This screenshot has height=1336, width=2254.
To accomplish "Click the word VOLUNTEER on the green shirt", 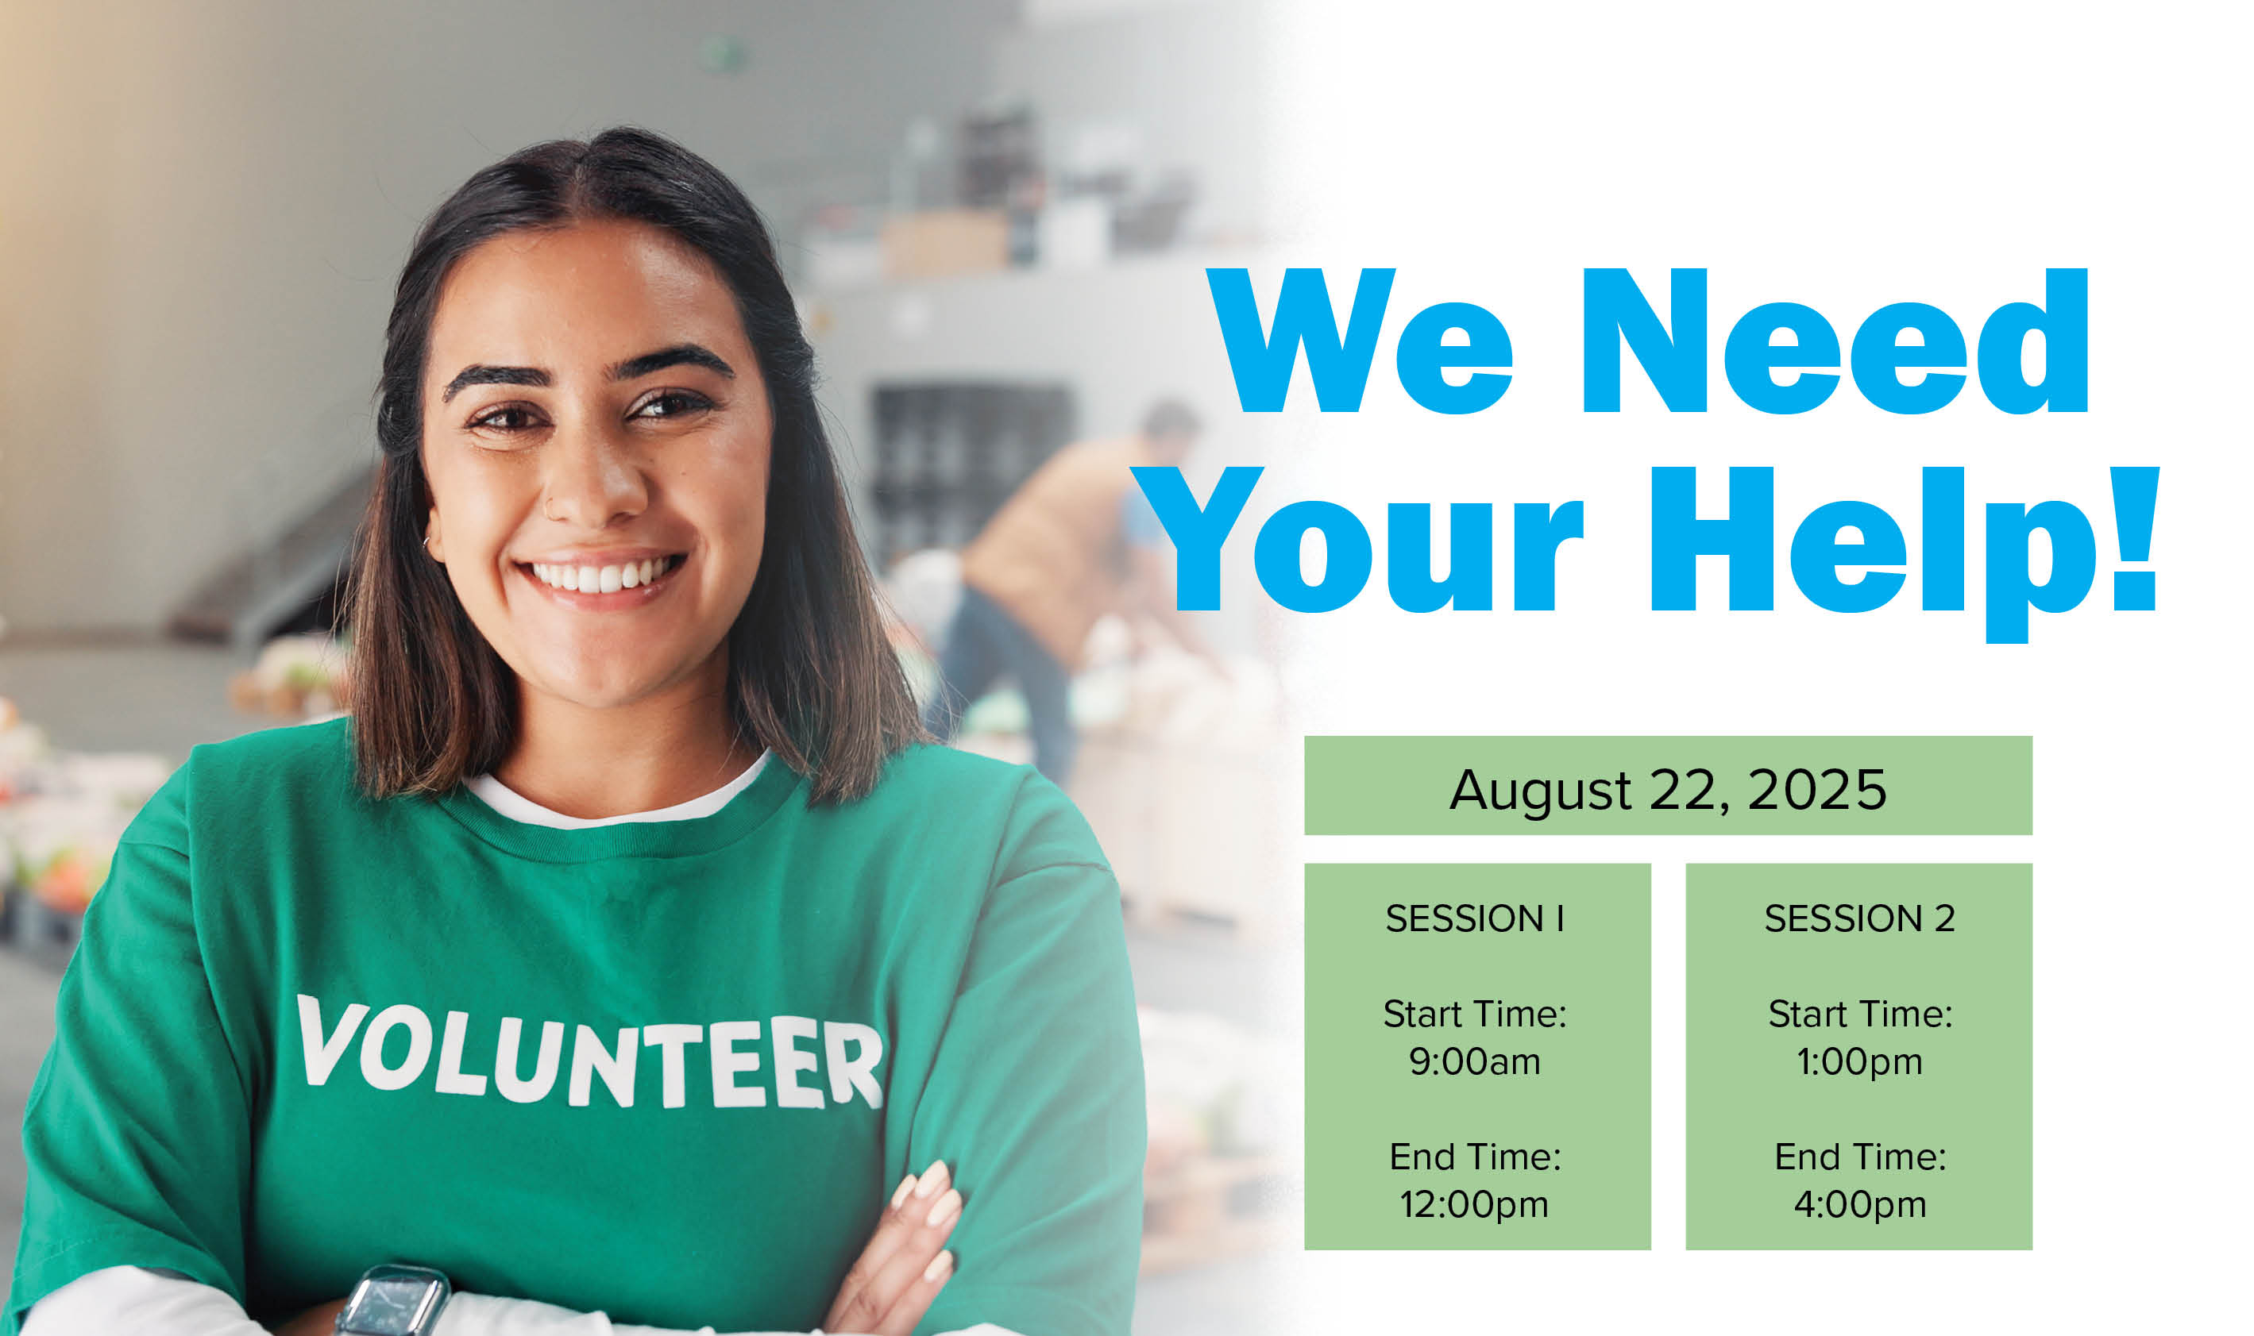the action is (x=590, y=1052).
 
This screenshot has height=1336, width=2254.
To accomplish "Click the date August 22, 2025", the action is (x=1668, y=791).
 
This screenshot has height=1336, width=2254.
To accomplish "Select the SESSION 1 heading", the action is (x=1475, y=918).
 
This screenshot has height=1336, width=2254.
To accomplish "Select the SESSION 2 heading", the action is (x=1859, y=918).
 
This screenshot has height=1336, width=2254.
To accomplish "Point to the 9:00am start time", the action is (x=1475, y=1061).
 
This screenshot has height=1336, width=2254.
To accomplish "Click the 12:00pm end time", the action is (x=1474, y=1203).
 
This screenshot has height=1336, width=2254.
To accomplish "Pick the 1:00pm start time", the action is (x=1859, y=1062).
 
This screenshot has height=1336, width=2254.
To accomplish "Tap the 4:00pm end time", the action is (x=1859, y=1204).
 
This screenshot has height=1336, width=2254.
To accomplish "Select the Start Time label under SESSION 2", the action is (x=1859, y=1015).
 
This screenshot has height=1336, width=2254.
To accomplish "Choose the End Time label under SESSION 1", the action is (x=1475, y=1157).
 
